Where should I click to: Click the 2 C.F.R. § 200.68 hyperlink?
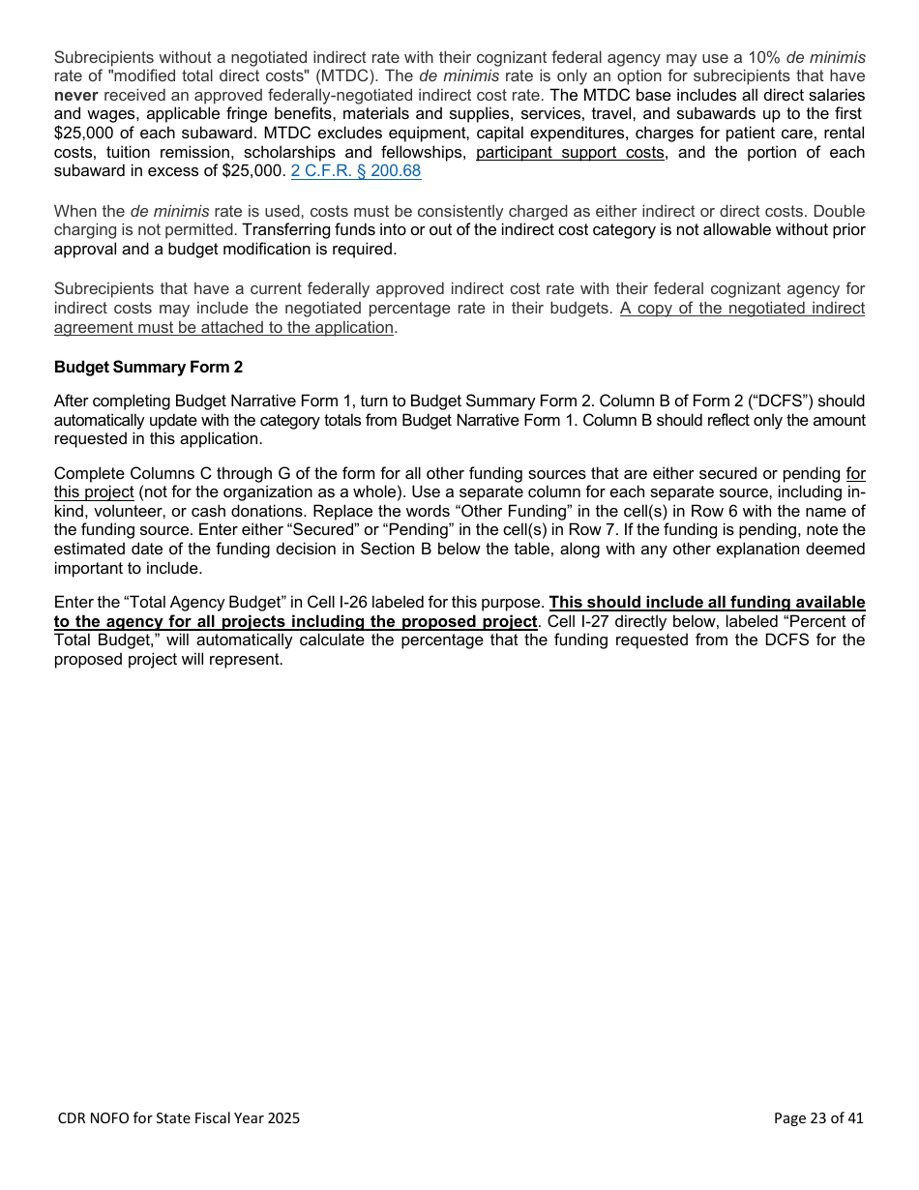pos(356,171)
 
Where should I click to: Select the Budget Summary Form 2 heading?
pos(148,367)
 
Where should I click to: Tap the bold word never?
pos(76,95)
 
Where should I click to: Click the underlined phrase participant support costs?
pos(570,153)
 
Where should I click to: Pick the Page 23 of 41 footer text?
pos(817,1118)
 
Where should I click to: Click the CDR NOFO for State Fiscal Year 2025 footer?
pos(179,1118)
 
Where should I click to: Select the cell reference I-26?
pos(356,603)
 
